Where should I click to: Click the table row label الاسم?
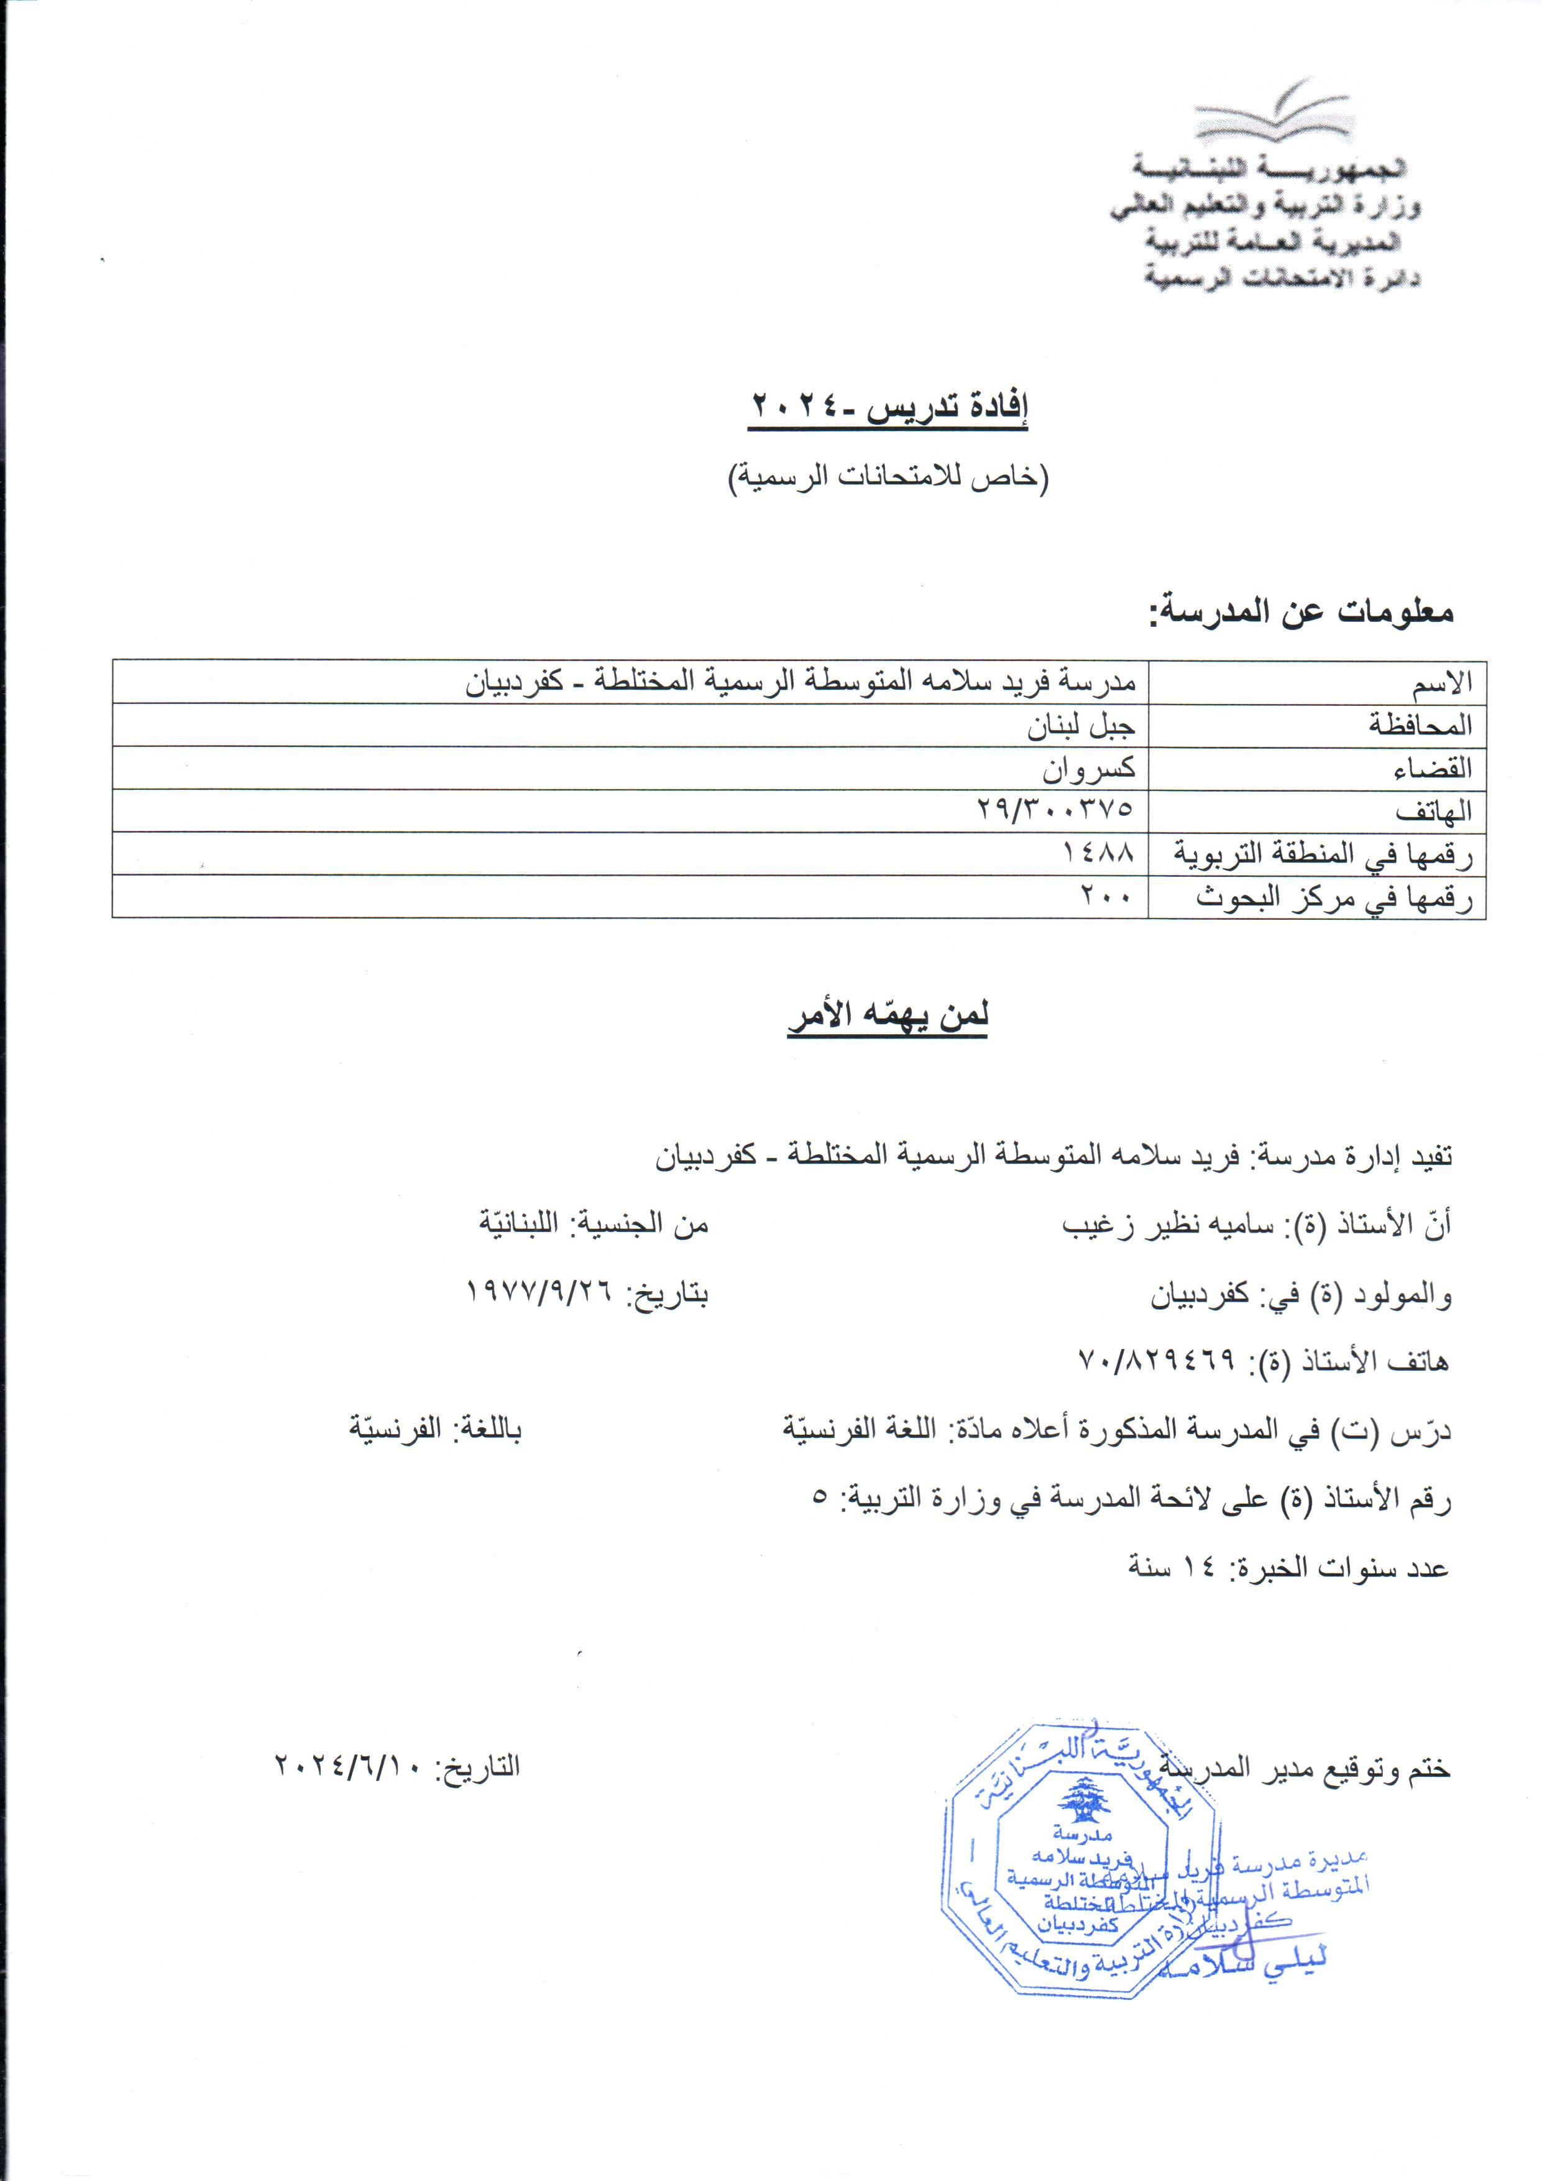coord(1441,682)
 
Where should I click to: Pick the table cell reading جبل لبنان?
coord(1081,726)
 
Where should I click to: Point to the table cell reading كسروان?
coord(1088,769)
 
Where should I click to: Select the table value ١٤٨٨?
coord(1099,854)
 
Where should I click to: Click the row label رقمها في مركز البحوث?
coord(1333,897)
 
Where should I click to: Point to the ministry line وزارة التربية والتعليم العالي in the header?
coord(1265,207)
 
